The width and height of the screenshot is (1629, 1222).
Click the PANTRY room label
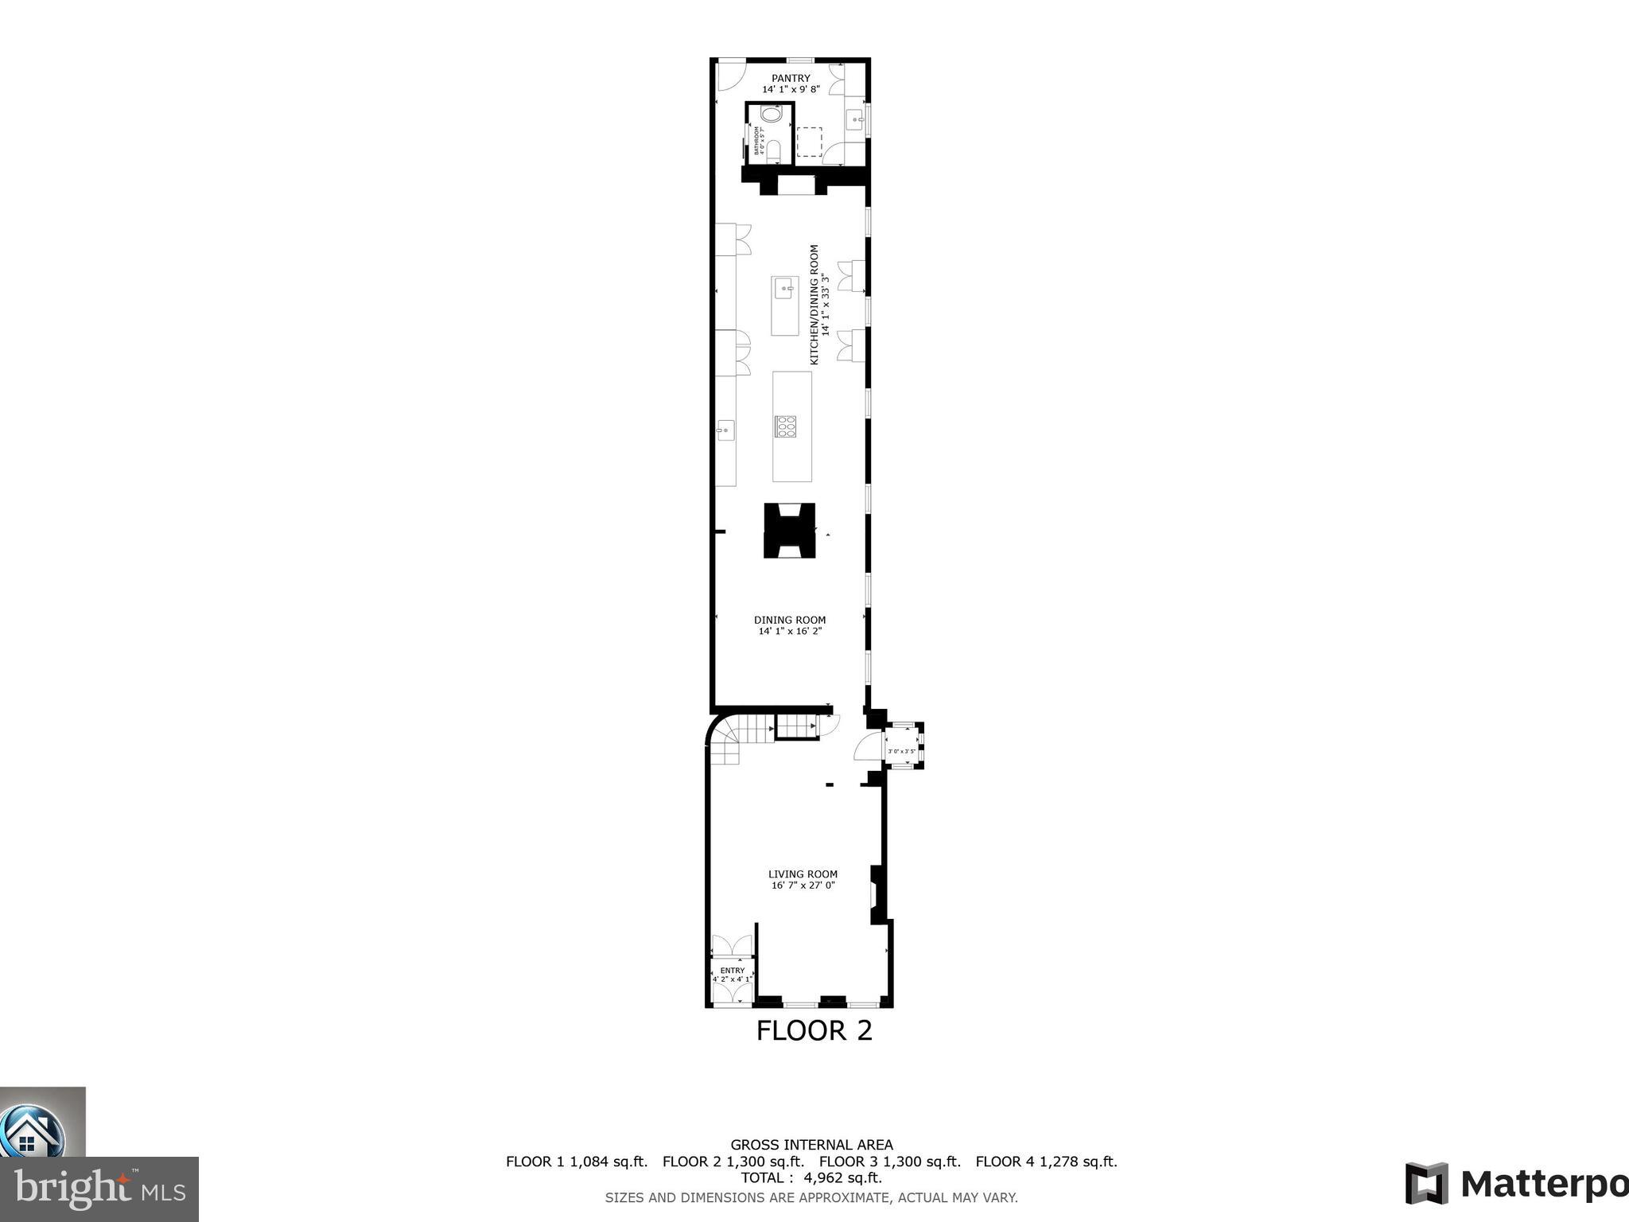(x=791, y=78)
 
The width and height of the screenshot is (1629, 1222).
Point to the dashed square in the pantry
(x=809, y=142)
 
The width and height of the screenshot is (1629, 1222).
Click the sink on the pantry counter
(x=857, y=121)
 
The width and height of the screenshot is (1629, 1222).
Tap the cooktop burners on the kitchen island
(x=786, y=427)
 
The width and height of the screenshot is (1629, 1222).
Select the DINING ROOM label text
(x=790, y=620)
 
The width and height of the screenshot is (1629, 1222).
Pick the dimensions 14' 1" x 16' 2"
(x=790, y=631)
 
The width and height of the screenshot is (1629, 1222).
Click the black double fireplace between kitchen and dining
(x=790, y=530)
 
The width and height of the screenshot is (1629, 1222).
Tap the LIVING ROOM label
(x=803, y=874)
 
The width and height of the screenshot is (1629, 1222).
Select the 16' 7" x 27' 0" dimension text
(x=803, y=885)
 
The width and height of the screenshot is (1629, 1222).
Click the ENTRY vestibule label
(x=732, y=971)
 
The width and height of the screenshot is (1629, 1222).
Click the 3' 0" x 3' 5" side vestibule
(x=902, y=750)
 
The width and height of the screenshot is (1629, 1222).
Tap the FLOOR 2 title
(x=814, y=1031)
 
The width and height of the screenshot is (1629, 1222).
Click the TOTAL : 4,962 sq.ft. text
(x=811, y=1177)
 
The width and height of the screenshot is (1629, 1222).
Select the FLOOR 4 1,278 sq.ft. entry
(x=1046, y=1162)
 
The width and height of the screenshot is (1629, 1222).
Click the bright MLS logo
(x=99, y=1189)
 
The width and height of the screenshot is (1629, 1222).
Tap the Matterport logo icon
(x=1426, y=1184)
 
